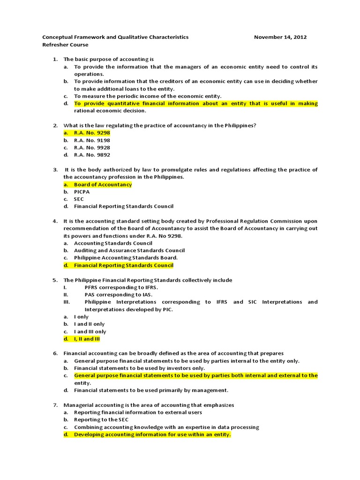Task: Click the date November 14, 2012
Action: (280, 37)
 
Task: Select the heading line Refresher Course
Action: (65, 45)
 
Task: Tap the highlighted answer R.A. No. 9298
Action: (92, 133)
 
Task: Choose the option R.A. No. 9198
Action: (92, 140)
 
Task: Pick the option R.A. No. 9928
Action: (92, 148)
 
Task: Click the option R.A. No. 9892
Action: (92, 155)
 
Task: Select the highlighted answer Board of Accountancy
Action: (103, 184)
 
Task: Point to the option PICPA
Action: (82, 192)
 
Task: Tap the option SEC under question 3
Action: (79, 199)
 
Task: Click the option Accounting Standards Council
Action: (113, 243)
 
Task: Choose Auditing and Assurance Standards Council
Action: (129, 250)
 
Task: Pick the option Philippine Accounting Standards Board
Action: (126, 258)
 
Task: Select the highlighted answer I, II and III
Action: (87, 338)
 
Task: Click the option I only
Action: (81, 317)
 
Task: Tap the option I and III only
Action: (90, 331)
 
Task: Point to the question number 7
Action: (55, 405)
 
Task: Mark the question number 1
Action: (55, 59)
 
